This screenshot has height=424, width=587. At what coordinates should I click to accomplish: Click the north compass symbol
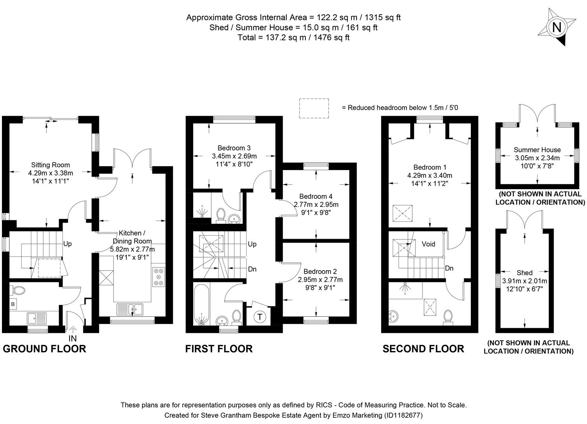pos(556,27)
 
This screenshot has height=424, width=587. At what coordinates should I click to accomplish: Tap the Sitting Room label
pos(51,165)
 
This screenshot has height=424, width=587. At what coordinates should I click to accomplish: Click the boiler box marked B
pos(13,304)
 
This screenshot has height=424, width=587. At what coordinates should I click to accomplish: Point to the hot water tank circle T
pos(260,317)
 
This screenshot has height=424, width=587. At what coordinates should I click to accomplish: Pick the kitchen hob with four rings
pos(159,276)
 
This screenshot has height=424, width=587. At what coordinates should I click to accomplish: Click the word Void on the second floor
pos(428,244)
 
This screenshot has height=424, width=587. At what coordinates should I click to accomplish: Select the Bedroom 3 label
pos(234,148)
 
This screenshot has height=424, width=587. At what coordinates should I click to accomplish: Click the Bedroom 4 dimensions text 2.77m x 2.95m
pos(316,205)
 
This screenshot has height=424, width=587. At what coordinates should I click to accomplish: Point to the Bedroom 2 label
pos(320,271)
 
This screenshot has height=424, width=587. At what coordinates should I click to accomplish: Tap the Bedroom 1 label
pos(430,167)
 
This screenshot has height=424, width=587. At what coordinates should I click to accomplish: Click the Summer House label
pos(537,150)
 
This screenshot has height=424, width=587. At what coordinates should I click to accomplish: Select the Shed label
pos(525,272)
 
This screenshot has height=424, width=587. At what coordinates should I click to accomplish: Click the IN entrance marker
pos(73,338)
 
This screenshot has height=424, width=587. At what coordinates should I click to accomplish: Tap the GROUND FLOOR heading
pos(44,349)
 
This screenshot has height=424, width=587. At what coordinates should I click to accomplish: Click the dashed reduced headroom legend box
pos(314,108)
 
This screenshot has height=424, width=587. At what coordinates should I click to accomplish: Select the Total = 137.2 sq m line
pos(293,38)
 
